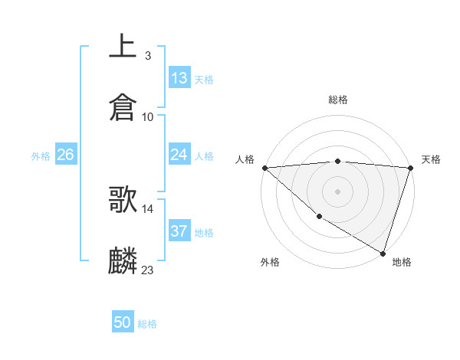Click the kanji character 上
pos(123,46)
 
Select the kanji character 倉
pos(123,108)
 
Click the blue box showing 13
pos(179,78)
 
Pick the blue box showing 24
pos(179,155)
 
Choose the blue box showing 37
pos(179,231)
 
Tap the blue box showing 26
pos(65,155)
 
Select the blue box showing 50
pos(123,322)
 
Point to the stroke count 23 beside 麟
pos(148,270)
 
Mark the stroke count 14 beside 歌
pos(148,208)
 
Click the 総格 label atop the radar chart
pos(338,100)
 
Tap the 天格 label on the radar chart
pos(432,159)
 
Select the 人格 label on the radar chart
pos(245,159)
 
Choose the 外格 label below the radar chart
pos(270,262)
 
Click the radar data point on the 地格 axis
pos(383,253)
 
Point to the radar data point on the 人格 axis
pos(264,168)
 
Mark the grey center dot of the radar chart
pos(338,191)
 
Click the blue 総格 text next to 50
pos(147,324)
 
